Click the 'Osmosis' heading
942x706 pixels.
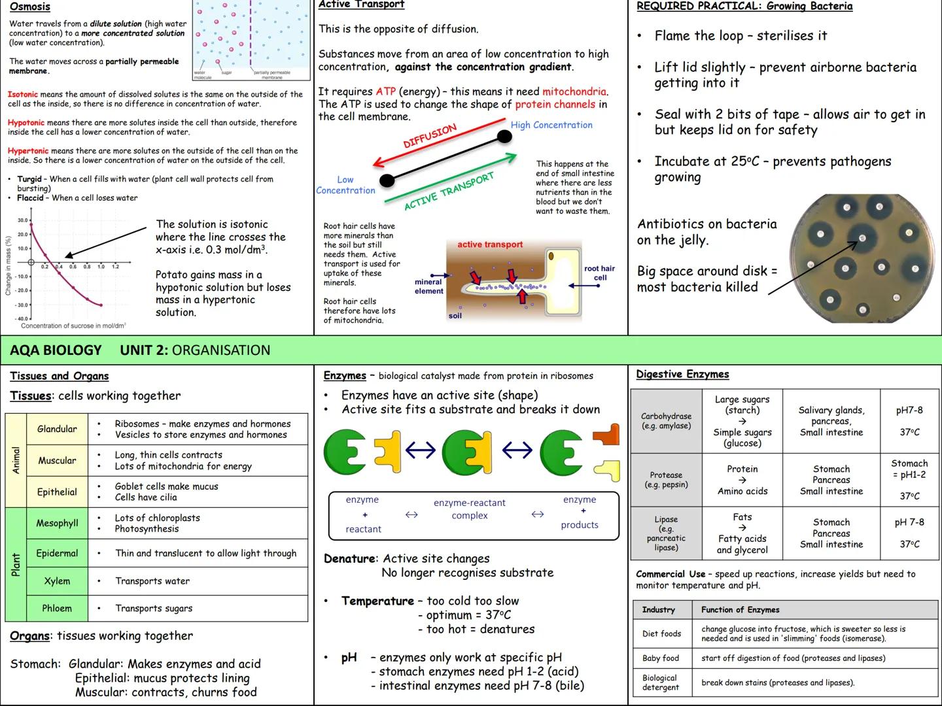(x=30, y=7)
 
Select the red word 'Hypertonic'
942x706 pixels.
(x=28, y=151)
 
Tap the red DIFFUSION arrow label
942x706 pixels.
(x=430, y=136)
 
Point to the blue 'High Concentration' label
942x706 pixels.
(x=551, y=125)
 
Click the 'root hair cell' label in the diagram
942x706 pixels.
(x=599, y=273)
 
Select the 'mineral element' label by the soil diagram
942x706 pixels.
(x=428, y=286)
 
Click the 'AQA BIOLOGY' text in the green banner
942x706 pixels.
(x=56, y=350)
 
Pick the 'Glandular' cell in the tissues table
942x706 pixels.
(x=57, y=429)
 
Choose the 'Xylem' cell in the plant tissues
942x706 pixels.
(x=57, y=581)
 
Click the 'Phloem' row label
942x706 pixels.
(x=57, y=608)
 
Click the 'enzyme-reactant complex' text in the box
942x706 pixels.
(x=469, y=509)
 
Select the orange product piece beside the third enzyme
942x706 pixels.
(x=606, y=435)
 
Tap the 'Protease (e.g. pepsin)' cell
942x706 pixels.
(x=666, y=480)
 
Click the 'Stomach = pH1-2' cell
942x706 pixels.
(x=909, y=469)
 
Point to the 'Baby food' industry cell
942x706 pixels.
(x=661, y=658)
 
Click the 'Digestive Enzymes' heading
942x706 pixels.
(x=682, y=374)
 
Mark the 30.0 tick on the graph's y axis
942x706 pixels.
(x=23, y=220)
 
